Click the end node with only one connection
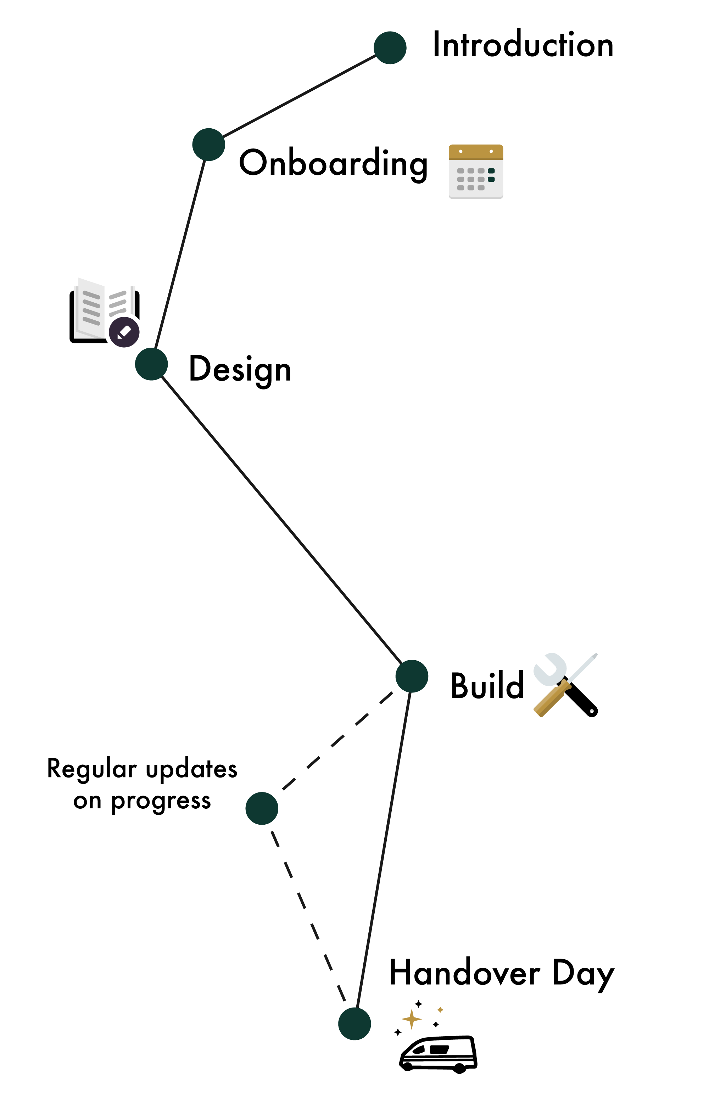(x=390, y=47)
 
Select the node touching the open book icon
(x=151, y=364)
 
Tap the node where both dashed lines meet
(x=262, y=808)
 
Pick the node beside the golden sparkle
(x=354, y=1024)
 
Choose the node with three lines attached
(x=412, y=677)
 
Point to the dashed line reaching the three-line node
(x=337, y=742)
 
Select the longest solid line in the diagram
(x=281, y=520)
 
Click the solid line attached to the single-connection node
(x=299, y=96)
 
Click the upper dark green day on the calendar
(x=491, y=171)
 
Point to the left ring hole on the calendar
(x=460, y=151)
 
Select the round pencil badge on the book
(x=124, y=332)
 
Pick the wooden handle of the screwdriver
(x=552, y=698)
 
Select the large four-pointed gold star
(x=411, y=1019)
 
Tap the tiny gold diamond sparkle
(x=440, y=1010)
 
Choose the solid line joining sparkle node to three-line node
(x=383, y=850)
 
